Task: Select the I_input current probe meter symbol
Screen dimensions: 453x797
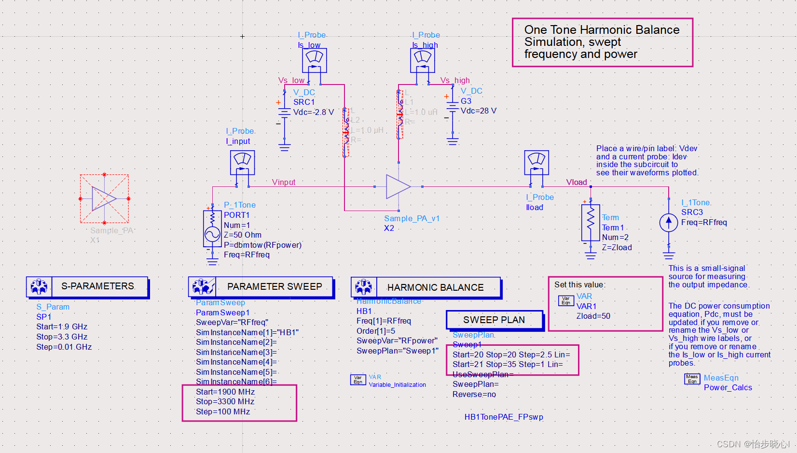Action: pyautogui.click(x=242, y=162)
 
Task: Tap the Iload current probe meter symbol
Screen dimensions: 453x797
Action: pyautogui.click(x=536, y=162)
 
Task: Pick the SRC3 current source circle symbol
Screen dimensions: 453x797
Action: pyautogui.click(x=669, y=222)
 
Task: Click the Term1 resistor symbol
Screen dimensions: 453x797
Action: pyautogui.click(x=591, y=222)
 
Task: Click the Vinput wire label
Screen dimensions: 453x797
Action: pyautogui.click(x=284, y=182)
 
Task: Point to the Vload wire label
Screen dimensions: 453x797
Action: pyautogui.click(x=577, y=182)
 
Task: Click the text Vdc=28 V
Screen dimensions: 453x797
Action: pyautogui.click(x=478, y=111)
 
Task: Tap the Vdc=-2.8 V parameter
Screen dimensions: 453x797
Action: pyautogui.click(x=313, y=112)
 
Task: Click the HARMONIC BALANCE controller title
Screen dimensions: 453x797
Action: pyautogui.click(x=435, y=287)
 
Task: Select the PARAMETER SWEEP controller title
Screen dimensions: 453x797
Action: pyautogui.click(x=275, y=286)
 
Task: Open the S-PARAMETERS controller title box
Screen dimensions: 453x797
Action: pyautogui.click(x=98, y=286)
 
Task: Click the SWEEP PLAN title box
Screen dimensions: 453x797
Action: pyautogui.click(x=494, y=320)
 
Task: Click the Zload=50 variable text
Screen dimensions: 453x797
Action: pyautogui.click(x=593, y=316)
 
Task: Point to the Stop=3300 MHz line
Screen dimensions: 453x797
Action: pyautogui.click(x=225, y=401)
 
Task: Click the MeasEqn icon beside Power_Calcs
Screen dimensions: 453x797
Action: pyautogui.click(x=692, y=379)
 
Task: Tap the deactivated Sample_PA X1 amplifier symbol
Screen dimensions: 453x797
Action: pyautogui.click(x=104, y=198)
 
